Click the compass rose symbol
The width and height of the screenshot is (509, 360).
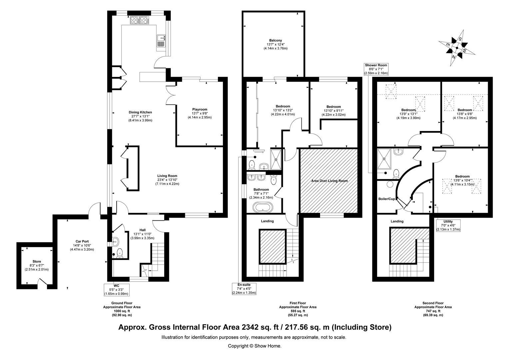457,48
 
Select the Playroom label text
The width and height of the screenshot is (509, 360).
200,109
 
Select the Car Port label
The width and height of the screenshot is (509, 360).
82,241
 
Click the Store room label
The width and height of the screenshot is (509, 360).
37,262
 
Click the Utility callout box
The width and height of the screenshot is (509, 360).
448,225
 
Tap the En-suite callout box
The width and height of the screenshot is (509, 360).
244,289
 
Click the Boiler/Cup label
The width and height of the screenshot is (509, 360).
386,199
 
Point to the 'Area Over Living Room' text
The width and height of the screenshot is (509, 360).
329,181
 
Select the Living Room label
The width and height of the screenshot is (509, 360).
167,176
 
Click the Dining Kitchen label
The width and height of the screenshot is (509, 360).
140,112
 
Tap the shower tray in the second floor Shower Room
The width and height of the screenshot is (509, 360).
384,159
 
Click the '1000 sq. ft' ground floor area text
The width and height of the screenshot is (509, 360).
122,311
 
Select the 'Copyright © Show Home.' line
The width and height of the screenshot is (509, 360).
254,346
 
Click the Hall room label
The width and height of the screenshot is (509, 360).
143,230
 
